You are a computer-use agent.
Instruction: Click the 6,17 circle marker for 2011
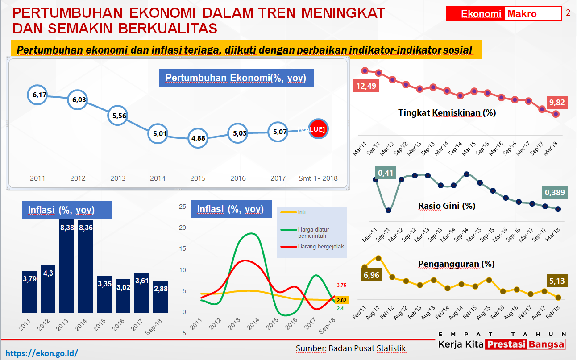37,95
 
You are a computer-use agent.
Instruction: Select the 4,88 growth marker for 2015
198,138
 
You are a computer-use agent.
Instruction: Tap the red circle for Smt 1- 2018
318,129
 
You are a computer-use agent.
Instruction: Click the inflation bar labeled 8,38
66,266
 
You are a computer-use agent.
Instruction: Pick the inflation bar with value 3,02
123,296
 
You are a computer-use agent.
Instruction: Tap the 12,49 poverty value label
366,86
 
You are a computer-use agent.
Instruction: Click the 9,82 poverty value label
556,103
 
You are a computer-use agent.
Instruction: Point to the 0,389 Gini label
554,193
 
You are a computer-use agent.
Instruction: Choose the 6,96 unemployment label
372,275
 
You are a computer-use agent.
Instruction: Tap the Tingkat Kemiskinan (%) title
447,113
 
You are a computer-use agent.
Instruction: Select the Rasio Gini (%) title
447,206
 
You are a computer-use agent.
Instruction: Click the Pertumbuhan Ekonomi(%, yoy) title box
236,78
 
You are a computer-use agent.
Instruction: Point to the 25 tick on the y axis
182,207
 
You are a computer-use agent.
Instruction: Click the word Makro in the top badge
522,14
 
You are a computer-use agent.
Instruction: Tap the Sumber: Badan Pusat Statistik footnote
351,348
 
